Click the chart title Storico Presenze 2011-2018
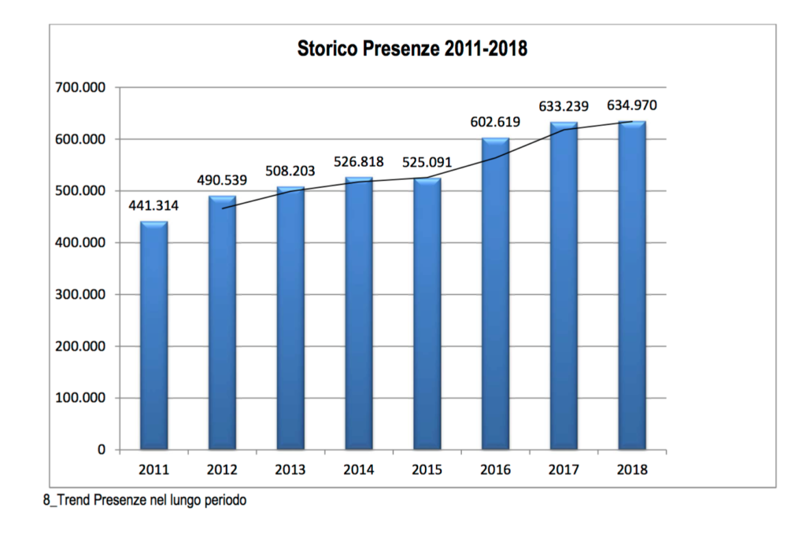pyautogui.click(x=412, y=49)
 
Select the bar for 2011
pyautogui.click(x=154, y=336)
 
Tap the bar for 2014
pyautogui.click(x=359, y=314)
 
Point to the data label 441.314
pyautogui.click(x=154, y=207)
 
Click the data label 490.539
pyautogui.click(x=222, y=180)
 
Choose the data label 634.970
pyautogui.click(x=632, y=105)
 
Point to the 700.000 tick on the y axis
pyautogui.click(x=79, y=87)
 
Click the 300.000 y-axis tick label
pyautogui.click(x=79, y=294)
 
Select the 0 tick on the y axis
pyautogui.click(x=101, y=450)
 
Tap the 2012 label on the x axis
pyautogui.click(x=222, y=470)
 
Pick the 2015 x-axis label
pyautogui.click(x=427, y=470)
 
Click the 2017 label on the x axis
pyautogui.click(x=564, y=470)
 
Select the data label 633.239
pyautogui.click(x=564, y=105)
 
